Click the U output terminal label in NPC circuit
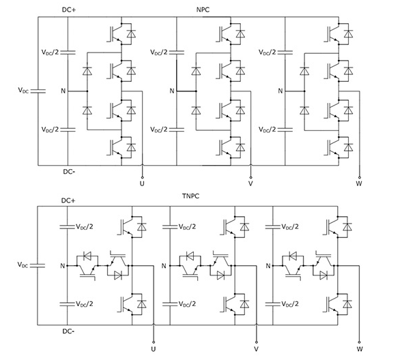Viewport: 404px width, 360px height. coord(142,183)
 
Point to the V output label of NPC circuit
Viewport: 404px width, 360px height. coord(250,183)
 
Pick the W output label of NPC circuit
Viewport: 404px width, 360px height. coord(359,183)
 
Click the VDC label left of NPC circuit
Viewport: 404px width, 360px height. coord(24,90)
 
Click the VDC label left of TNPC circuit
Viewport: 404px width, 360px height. coord(24,264)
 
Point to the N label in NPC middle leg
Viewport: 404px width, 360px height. coord(171,91)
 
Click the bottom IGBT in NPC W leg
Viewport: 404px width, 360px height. coord(334,146)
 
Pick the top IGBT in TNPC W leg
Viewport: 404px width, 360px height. coord(334,225)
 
